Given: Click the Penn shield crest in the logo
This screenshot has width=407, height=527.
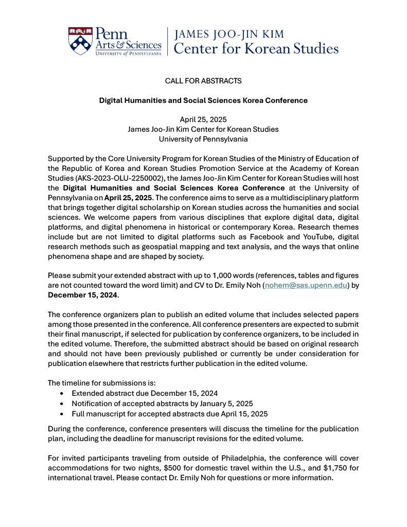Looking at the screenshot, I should pos(81,41).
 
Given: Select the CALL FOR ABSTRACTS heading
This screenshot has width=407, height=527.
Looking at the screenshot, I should pos(203,81).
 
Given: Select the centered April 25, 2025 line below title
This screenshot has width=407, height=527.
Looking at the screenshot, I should pos(203,119).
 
